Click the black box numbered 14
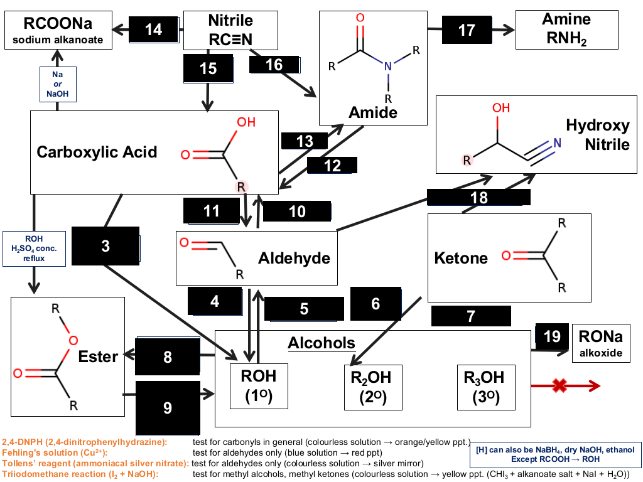(154, 29)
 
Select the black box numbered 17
(467, 29)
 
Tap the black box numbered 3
(105, 246)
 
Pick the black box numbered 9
(168, 408)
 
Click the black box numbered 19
(552, 336)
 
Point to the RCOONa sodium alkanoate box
(58, 30)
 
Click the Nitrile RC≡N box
(230, 30)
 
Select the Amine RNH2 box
(567, 30)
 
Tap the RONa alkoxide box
(601, 343)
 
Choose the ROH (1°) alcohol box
(259, 386)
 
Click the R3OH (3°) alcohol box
(486, 387)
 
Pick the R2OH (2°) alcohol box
(373, 387)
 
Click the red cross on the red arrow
(559, 385)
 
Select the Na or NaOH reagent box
(58, 84)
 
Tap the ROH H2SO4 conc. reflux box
(34, 249)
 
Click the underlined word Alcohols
(321, 343)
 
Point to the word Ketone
(461, 258)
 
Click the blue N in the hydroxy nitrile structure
(557, 142)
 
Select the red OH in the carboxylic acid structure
(246, 122)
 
